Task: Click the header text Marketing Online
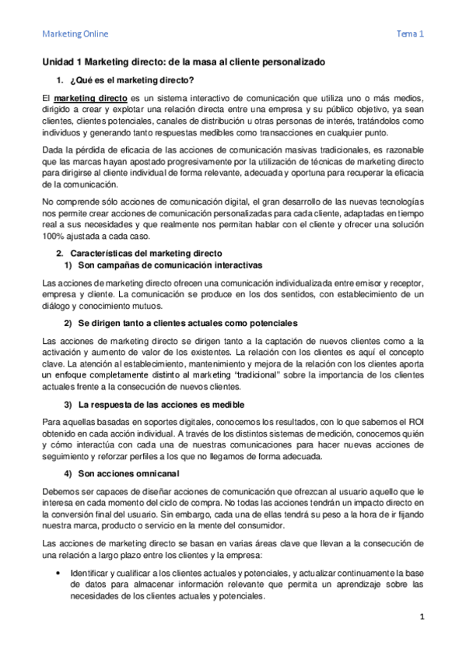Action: (x=75, y=34)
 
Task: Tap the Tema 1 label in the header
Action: (x=410, y=34)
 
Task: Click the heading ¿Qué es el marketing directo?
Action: (x=131, y=80)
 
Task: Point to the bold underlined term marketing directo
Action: (x=86, y=100)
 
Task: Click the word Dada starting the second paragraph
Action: (x=52, y=153)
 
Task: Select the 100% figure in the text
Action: (x=53, y=237)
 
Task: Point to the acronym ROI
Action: (x=413, y=423)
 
